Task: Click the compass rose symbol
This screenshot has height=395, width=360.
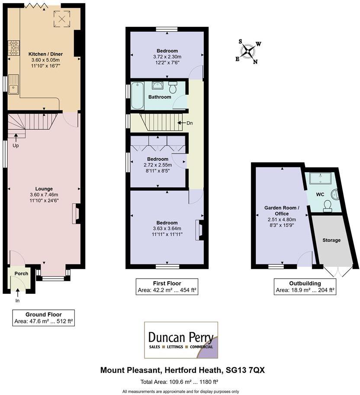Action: (x=248, y=51)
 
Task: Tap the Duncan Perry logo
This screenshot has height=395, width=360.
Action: (x=180, y=340)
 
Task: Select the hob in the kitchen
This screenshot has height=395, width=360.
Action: (x=13, y=48)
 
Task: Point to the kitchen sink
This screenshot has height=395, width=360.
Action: (x=14, y=84)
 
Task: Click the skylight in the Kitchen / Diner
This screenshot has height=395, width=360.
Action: (x=61, y=18)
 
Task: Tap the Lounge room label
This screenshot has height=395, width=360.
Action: (x=44, y=189)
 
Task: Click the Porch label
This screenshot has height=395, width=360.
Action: (x=21, y=273)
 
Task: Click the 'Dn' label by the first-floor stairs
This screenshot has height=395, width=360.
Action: (x=189, y=123)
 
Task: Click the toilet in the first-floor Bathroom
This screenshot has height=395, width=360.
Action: (x=173, y=87)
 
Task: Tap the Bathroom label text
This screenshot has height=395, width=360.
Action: (x=160, y=97)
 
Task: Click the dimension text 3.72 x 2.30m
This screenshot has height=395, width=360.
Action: (x=167, y=57)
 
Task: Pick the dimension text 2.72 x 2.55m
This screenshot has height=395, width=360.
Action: (x=157, y=165)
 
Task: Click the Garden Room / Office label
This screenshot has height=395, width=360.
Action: (x=281, y=211)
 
